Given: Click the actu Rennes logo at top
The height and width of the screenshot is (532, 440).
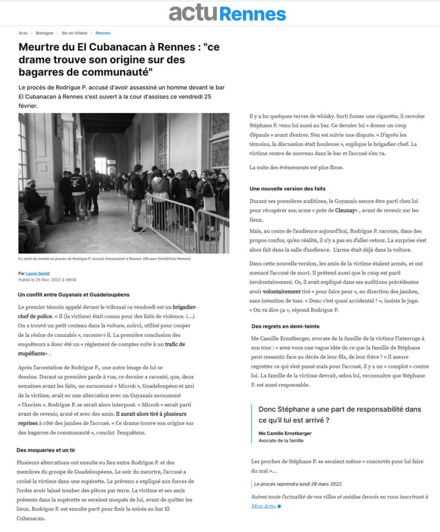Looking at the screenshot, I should click(227, 13).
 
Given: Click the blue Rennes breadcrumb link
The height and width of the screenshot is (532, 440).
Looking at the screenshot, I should click(103, 33).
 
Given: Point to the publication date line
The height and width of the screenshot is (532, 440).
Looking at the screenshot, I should click(47, 280).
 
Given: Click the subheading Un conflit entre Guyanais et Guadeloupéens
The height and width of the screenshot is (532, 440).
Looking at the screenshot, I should click(73, 295).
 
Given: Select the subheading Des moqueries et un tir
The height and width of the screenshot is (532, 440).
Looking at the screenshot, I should click(47, 450).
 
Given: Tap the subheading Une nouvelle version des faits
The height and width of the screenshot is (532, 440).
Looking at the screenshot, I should click(288, 188).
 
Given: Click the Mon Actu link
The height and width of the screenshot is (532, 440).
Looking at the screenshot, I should click(263, 506).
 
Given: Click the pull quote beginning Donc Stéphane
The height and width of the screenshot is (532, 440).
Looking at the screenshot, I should click(340, 415).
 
